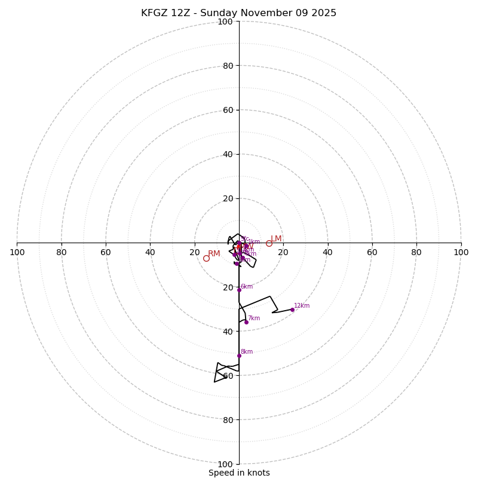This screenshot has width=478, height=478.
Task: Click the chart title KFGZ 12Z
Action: (x=238, y=13)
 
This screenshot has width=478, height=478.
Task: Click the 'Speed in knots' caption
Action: (x=239, y=473)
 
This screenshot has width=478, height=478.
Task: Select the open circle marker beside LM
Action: (x=269, y=243)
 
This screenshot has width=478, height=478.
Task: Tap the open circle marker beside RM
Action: (x=206, y=258)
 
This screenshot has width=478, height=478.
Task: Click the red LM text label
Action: (x=276, y=239)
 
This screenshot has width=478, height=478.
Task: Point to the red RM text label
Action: (x=214, y=254)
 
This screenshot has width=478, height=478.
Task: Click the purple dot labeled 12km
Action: (x=292, y=310)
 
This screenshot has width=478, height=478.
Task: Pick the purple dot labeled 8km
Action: (x=239, y=356)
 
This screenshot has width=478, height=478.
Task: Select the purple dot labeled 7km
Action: (x=246, y=322)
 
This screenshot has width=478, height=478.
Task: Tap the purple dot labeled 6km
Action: (x=239, y=290)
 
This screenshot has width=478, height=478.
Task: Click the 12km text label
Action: (x=302, y=306)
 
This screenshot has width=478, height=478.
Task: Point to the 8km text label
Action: (x=247, y=352)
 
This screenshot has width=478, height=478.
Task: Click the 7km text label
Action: (x=254, y=318)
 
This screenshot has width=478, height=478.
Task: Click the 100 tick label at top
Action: (x=225, y=22)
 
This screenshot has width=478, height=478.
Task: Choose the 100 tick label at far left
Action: (x=17, y=252)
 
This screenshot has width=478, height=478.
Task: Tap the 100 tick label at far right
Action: (x=461, y=252)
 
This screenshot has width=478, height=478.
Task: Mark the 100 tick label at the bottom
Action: (x=225, y=464)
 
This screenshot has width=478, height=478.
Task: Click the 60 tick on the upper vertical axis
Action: (x=228, y=110)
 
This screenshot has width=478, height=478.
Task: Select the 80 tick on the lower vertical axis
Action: (x=228, y=420)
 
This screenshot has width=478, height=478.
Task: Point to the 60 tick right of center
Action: (x=372, y=252)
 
